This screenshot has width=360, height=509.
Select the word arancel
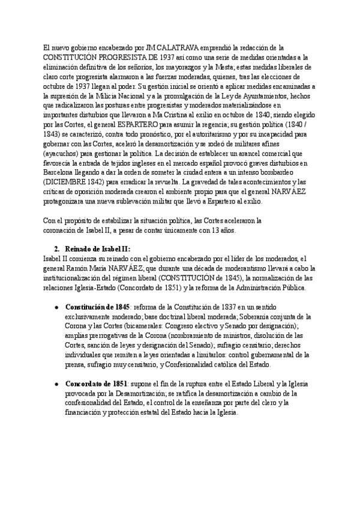pos(269,155)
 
